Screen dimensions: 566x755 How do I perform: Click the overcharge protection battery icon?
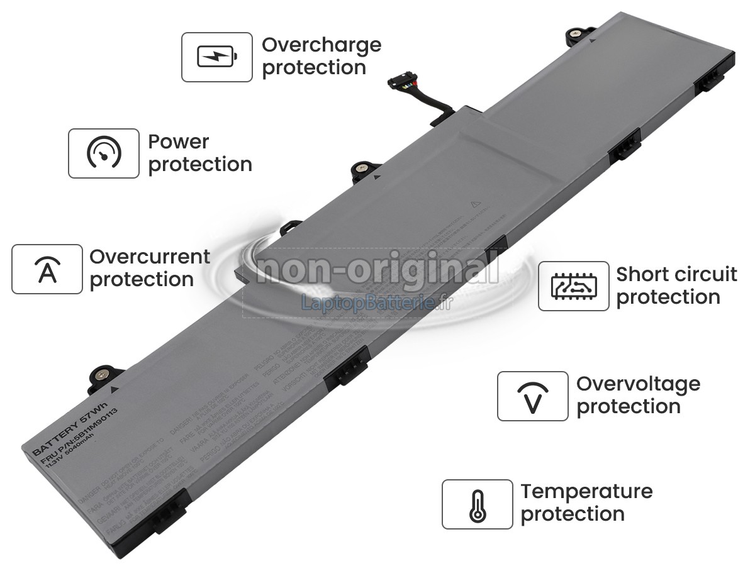click(217, 57)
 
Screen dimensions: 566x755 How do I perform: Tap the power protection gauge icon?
click(104, 153)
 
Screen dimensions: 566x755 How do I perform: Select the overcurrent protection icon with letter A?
click(47, 269)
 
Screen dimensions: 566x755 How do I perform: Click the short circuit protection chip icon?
click(573, 286)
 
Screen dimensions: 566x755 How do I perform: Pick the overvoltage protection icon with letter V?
click(532, 396)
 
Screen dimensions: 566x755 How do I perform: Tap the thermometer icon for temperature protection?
click(477, 504)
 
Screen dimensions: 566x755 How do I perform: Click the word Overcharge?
click(322, 45)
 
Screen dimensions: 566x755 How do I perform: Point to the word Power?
click(179, 141)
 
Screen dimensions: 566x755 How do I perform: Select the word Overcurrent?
click(150, 257)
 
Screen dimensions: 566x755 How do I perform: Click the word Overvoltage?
click(638, 384)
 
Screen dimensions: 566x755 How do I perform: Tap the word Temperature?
click(586, 491)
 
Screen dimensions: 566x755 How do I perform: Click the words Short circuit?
click(676, 275)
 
